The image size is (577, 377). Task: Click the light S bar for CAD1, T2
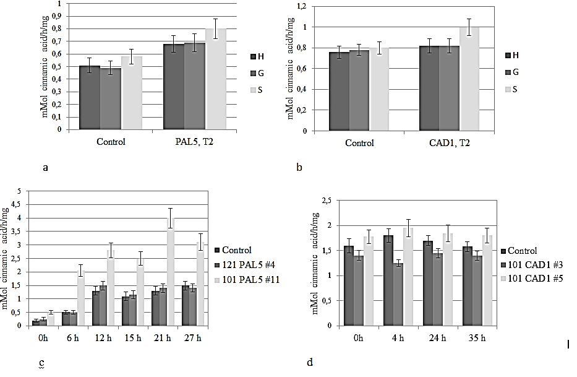[468, 79]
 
